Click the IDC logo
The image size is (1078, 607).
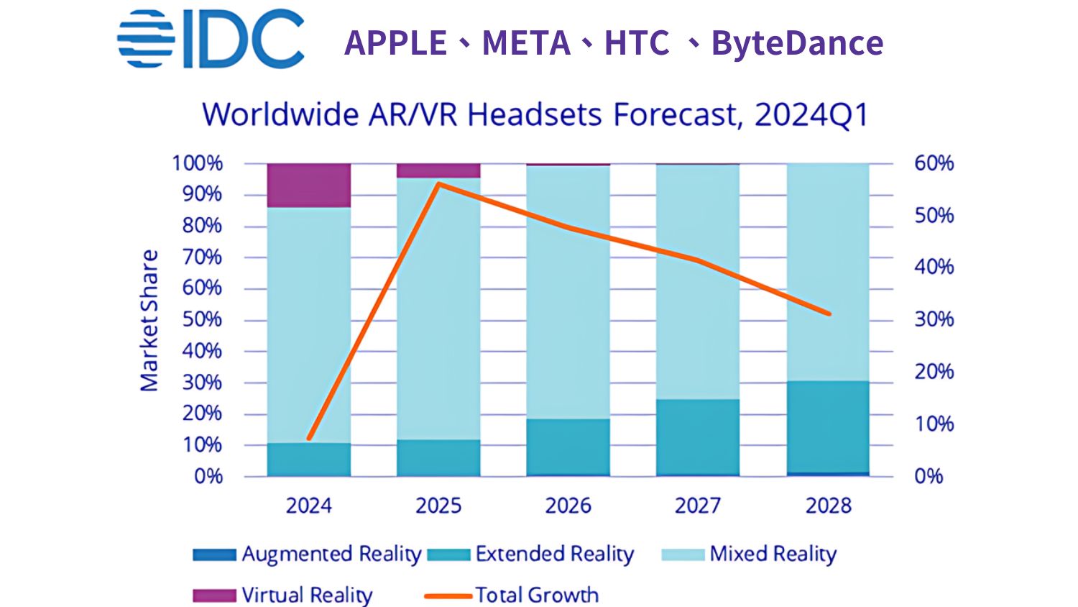click(x=211, y=40)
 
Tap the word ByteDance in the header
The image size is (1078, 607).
click(x=797, y=43)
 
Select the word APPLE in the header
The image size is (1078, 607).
click(x=395, y=43)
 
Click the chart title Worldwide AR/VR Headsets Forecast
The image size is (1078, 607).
click(x=535, y=115)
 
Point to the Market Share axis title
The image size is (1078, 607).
click(x=149, y=321)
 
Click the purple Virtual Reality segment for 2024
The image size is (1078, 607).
click(x=309, y=186)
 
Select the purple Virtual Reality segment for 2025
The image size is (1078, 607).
click(x=438, y=171)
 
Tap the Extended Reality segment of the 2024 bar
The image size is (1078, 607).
click(x=309, y=460)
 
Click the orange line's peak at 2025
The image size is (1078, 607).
click(x=438, y=183)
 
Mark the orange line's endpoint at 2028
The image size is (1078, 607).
click(x=829, y=314)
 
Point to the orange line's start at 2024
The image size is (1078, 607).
click(x=309, y=438)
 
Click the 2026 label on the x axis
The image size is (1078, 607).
click(x=568, y=506)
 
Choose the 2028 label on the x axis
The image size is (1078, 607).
click(x=828, y=506)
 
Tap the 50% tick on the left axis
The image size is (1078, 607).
click(x=202, y=319)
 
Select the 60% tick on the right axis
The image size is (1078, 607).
click(x=934, y=163)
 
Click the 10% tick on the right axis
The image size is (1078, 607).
click(x=934, y=424)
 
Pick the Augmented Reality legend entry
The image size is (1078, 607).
click(x=308, y=554)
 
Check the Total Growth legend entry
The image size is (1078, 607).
click(x=512, y=595)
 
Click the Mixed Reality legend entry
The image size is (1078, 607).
click(x=749, y=554)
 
